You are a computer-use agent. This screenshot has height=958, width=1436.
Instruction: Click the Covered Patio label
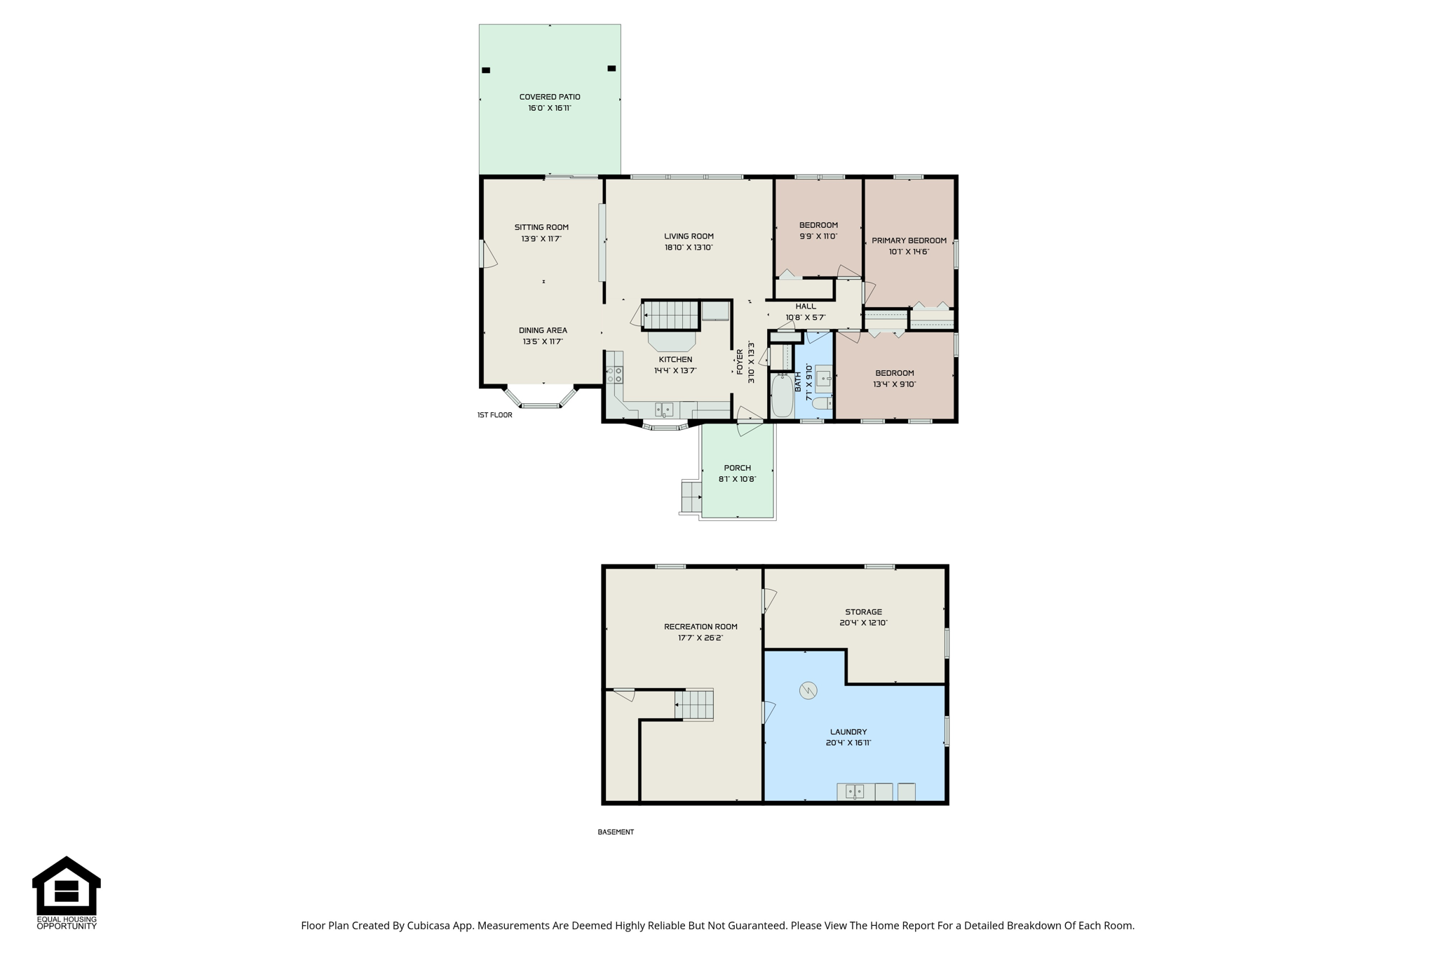click(550, 97)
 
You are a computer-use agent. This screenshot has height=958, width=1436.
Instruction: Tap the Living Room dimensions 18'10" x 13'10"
click(689, 248)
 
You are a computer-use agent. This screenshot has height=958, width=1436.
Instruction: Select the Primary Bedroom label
click(909, 241)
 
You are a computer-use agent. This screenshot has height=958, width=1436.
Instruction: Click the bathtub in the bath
click(782, 396)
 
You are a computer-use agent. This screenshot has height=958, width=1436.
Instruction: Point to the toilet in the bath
click(822, 403)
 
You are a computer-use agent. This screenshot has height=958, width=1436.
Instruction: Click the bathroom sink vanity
click(823, 379)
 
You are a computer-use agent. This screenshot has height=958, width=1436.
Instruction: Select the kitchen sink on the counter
click(664, 410)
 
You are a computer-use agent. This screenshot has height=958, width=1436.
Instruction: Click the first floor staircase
click(671, 315)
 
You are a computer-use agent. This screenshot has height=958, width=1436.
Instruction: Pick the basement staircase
click(694, 704)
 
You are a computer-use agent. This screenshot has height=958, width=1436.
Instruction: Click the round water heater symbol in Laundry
click(808, 691)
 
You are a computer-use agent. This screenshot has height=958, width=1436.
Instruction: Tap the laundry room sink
click(855, 792)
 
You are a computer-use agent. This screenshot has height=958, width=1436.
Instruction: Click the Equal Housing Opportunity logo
click(67, 893)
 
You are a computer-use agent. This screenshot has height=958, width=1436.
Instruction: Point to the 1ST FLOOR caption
click(495, 415)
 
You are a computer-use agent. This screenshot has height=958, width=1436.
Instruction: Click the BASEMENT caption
click(616, 832)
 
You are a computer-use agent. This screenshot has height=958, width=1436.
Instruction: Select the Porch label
click(737, 468)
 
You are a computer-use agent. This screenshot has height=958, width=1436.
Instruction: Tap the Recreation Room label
click(700, 627)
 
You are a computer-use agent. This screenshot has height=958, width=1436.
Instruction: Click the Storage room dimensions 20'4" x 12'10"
click(863, 623)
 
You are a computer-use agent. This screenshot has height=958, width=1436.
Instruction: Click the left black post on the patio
click(486, 70)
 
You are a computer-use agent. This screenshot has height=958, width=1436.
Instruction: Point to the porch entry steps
click(691, 497)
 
